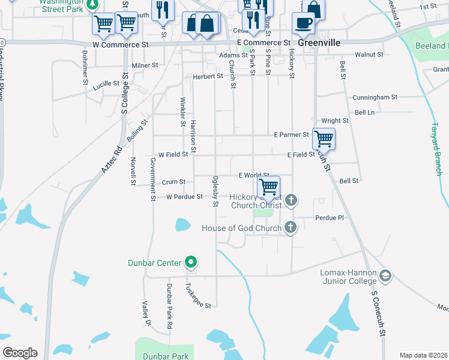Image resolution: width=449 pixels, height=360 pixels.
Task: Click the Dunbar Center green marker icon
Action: coord(191,262)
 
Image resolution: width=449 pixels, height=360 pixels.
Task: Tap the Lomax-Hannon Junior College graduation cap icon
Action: coord(385,276)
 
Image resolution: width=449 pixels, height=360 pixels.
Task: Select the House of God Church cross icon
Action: coord(291,227)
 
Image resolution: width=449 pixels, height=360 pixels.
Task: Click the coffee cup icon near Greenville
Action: coord(303,23)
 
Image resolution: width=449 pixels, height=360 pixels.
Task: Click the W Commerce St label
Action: coord(121,44)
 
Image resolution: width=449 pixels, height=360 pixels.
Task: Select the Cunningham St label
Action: coord(375,97)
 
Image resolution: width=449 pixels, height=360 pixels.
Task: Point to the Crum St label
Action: coord(173,182)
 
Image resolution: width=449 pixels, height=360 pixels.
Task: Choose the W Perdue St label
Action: coord(184,196)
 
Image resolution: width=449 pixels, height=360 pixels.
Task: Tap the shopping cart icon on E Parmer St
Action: coord(324,139)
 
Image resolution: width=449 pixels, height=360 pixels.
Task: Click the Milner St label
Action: coord(145,65)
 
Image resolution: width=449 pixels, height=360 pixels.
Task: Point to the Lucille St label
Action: coord(106,85)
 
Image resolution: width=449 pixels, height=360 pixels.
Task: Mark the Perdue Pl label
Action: coord(329,217)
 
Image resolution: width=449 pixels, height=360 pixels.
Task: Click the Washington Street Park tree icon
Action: coord(92,5)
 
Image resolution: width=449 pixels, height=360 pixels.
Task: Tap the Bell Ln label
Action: coord(364,112)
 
